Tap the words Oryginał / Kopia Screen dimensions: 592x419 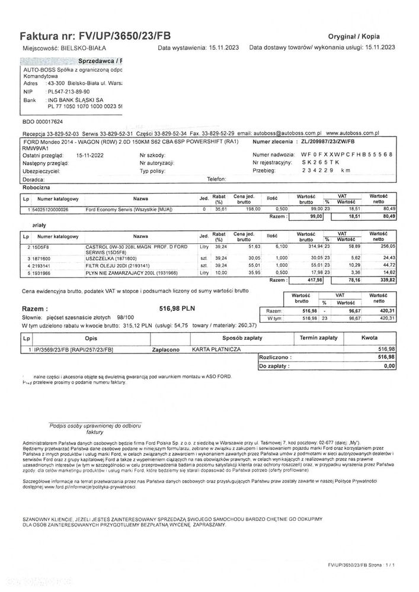[x=354, y=36]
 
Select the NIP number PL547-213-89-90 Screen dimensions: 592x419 [x=69, y=92]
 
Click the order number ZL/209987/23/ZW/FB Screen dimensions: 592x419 [x=328, y=143]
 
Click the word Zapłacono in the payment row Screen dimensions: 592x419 [x=165, y=350]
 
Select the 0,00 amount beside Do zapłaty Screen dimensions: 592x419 [x=388, y=366]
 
